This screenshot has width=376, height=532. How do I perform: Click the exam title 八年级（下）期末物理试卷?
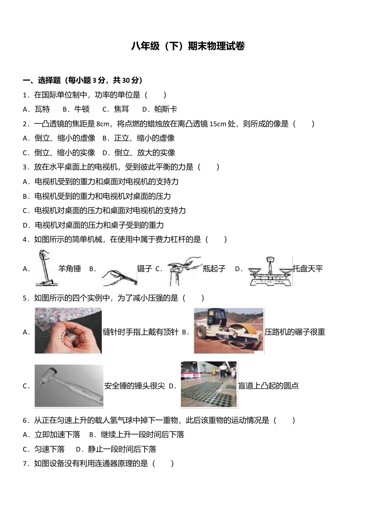pyautogui.click(x=188, y=46)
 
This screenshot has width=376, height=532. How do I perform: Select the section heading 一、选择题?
pyautogui.click(x=41, y=80)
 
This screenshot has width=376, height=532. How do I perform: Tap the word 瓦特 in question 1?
pyautogui.click(x=42, y=109)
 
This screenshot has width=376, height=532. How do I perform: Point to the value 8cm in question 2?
pyautogui.click(x=103, y=124)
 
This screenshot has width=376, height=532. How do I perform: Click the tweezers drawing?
pyautogui.click(x=119, y=276)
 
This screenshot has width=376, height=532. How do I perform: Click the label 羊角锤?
pyautogui.click(x=70, y=269)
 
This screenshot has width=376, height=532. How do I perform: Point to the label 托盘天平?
pyautogui.click(x=308, y=269)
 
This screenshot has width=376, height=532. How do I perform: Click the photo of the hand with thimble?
pyautogui.click(x=68, y=331)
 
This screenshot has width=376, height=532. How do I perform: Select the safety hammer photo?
pyautogui.click(x=69, y=386)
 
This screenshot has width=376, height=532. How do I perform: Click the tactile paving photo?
pyautogui.click(x=209, y=384)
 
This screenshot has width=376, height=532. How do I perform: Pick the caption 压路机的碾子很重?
pyautogui.click(x=295, y=332)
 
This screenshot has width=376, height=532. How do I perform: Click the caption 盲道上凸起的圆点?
pyautogui.click(x=268, y=386)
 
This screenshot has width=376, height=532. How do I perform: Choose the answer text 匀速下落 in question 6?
pyautogui.click(x=49, y=449)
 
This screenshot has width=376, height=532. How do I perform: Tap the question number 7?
pyautogui.click(x=25, y=464)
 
